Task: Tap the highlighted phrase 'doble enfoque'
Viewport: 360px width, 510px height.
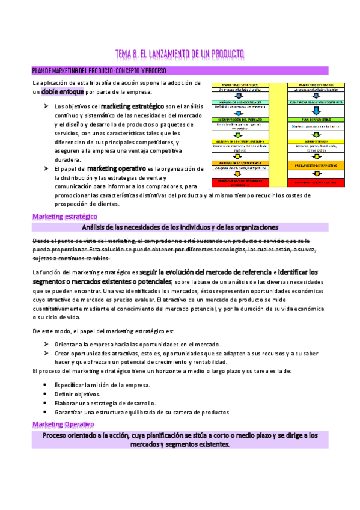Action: point(63,92)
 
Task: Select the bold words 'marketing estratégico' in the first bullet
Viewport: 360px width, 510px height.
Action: point(133,106)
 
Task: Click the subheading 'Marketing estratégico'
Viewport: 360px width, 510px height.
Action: point(64,216)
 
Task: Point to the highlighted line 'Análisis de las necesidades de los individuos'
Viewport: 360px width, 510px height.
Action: point(180,227)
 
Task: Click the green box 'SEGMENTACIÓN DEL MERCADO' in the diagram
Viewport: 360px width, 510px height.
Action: point(238,120)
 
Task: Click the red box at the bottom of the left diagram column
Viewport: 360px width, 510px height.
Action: point(238,182)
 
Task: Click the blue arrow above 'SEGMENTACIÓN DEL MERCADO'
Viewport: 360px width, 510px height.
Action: point(238,112)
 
